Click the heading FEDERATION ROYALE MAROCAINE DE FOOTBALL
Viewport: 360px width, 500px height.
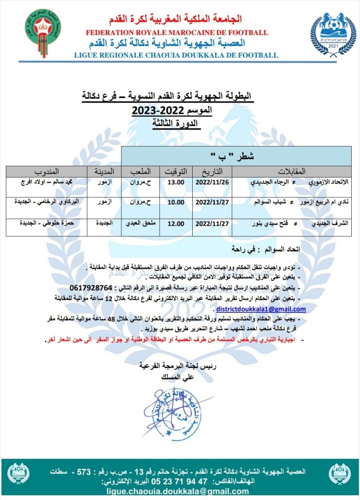pyautogui.click(x=176, y=32)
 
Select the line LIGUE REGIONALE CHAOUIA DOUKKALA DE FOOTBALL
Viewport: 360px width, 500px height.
pyautogui.click(x=176, y=55)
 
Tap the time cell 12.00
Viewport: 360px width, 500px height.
pyautogui.click(x=175, y=224)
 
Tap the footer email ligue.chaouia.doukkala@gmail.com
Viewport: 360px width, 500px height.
pyautogui.click(x=180, y=490)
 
